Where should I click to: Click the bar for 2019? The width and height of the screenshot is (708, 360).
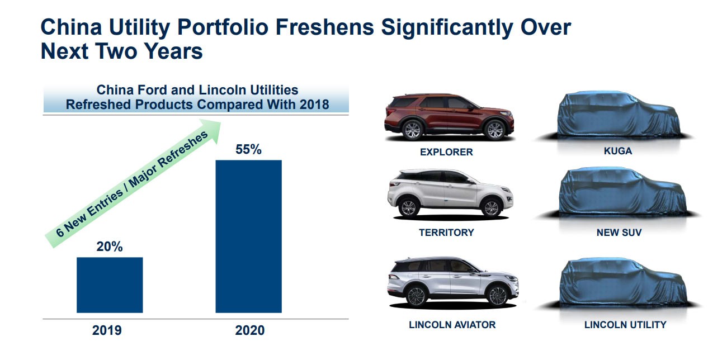click(x=110, y=285)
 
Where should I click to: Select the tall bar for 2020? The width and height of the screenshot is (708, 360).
click(x=248, y=236)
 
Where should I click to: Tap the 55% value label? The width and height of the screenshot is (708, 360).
click(x=248, y=149)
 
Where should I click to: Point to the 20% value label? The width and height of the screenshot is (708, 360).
click(x=110, y=247)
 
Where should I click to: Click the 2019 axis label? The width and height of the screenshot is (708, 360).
click(x=107, y=330)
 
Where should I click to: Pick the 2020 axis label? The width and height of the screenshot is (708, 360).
click(x=249, y=330)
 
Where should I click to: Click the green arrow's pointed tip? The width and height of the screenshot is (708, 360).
click(x=220, y=122)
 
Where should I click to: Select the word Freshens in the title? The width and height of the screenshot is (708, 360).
click(x=324, y=27)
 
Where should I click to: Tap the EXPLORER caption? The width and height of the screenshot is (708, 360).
click(x=446, y=152)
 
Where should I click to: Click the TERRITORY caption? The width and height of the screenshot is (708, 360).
click(x=446, y=233)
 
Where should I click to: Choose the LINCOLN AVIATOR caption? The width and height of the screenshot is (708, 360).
click(x=452, y=325)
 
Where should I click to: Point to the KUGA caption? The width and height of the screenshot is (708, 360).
click(x=618, y=151)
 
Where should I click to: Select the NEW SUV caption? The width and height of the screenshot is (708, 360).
click(x=619, y=233)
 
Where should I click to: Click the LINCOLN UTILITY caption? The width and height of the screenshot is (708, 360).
click(x=625, y=325)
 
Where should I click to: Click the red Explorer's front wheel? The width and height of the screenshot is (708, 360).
click(x=495, y=130)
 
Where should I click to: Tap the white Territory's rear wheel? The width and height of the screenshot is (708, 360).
click(x=409, y=208)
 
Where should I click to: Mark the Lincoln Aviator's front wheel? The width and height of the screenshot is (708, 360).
click(x=498, y=296)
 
